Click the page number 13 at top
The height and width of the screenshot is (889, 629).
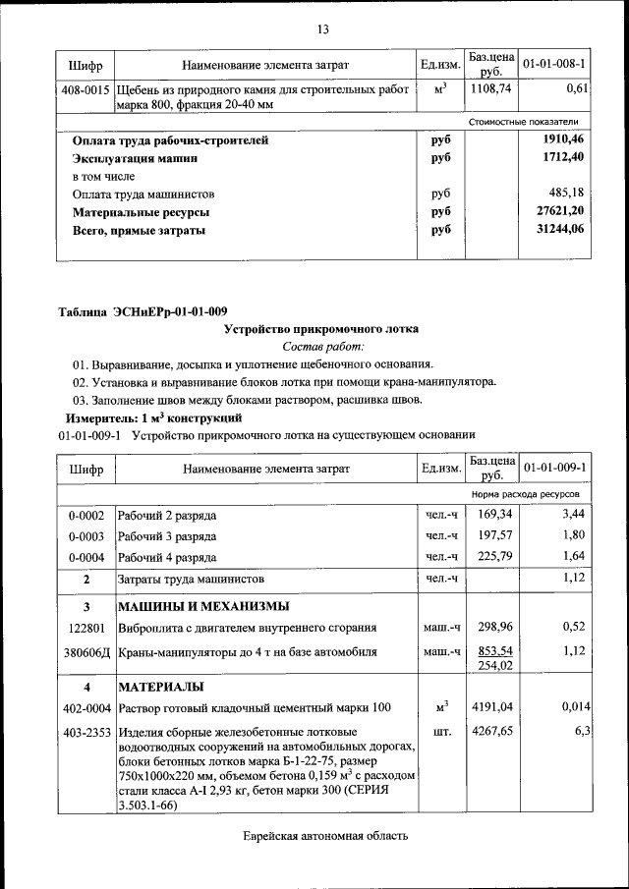(x=322, y=29)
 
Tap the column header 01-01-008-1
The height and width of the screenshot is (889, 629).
(x=554, y=65)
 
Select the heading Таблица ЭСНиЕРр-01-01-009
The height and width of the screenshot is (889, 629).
(x=143, y=312)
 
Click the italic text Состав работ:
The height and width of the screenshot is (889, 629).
(x=322, y=347)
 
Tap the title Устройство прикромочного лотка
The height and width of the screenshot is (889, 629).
(x=322, y=330)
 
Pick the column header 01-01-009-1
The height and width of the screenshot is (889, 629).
(x=554, y=469)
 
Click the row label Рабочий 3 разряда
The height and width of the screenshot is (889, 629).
(x=167, y=536)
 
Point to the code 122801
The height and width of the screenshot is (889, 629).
(x=86, y=627)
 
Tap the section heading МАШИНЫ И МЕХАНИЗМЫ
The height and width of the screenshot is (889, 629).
(x=203, y=605)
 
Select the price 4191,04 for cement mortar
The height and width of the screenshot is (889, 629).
(x=492, y=706)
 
